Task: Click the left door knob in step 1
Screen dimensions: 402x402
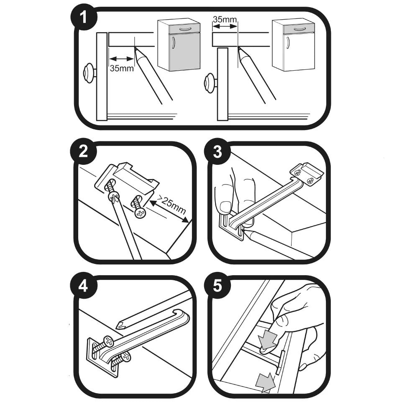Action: pyautogui.click(x=89, y=73)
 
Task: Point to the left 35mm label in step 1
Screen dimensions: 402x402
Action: pyautogui.click(x=121, y=69)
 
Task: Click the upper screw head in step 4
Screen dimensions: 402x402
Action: pyautogui.click(x=108, y=342)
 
